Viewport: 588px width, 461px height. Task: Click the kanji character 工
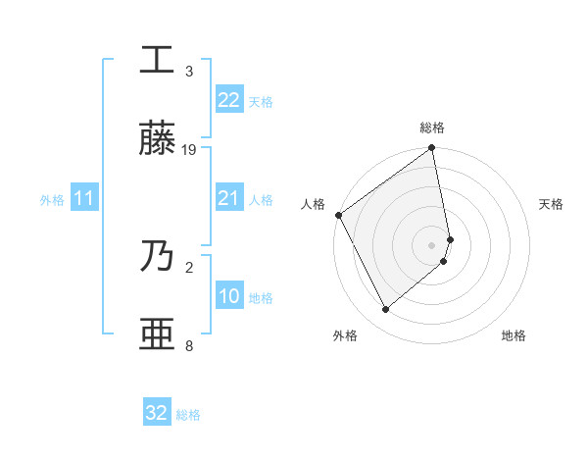[x=157, y=61]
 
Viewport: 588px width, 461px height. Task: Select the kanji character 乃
[x=157, y=257]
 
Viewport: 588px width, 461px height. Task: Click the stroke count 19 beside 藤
[x=190, y=150]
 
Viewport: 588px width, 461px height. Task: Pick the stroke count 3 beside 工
[x=189, y=72]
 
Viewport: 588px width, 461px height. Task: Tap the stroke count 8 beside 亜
[x=189, y=345]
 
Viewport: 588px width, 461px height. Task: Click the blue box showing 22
[x=228, y=100]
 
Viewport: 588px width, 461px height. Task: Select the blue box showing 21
[x=228, y=199]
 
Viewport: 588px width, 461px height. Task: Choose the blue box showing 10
[x=228, y=297]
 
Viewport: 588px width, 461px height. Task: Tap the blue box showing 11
[x=83, y=199]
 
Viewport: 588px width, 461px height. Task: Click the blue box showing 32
[x=157, y=413]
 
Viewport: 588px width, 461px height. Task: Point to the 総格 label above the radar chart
[x=432, y=128]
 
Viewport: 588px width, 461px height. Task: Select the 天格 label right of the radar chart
[x=552, y=204]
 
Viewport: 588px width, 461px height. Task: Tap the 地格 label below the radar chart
[x=514, y=335]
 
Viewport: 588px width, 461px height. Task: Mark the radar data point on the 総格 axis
[x=432, y=149]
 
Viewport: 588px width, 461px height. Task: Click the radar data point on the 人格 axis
[x=338, y=215]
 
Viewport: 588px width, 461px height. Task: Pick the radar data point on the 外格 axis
[x=385, y=310]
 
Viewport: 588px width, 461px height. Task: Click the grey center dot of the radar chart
[x=432, y=244]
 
